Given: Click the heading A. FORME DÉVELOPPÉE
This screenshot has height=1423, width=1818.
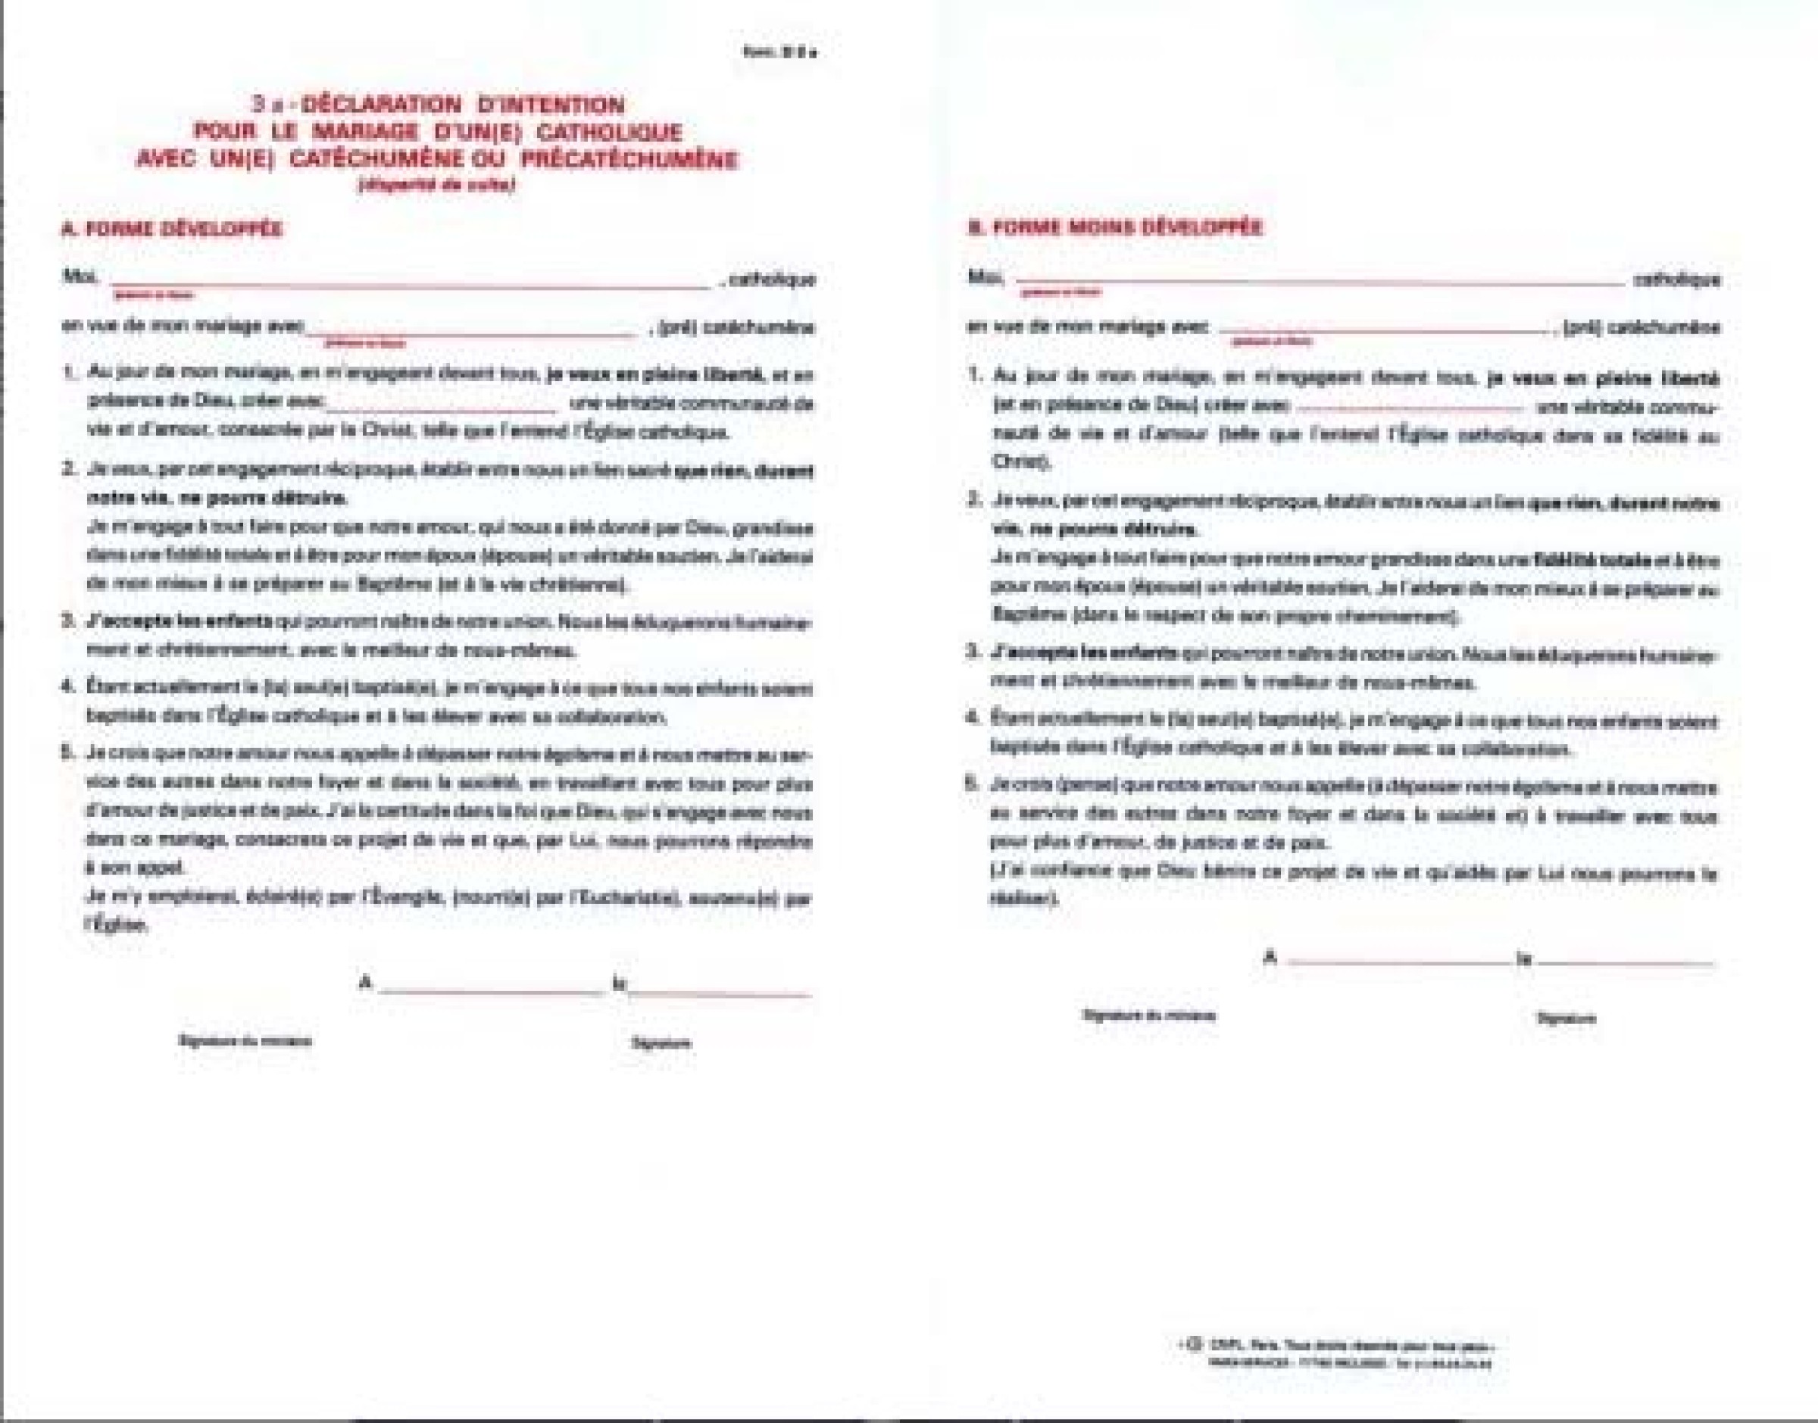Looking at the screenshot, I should coord(171,229).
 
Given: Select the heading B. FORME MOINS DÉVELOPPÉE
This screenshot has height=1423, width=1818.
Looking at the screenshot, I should coord(1114,227).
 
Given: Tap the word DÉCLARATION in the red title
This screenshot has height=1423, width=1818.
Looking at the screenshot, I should coord(380,105).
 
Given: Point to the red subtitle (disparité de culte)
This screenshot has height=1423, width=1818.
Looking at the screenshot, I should coord(436,185).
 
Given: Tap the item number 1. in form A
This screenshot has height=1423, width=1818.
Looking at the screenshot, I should coord(70,374).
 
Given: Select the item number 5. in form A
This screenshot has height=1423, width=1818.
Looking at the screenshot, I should coord(69,753).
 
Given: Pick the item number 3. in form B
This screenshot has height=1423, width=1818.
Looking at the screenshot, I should coord(972,651).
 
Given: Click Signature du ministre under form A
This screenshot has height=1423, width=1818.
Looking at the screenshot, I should coord(245,1040).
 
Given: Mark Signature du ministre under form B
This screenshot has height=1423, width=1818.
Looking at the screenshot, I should coord(1148,1015).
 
